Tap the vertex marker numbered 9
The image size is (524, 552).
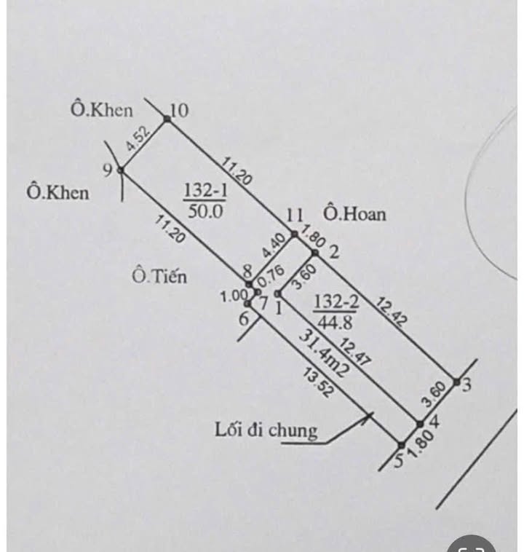pos(121,170)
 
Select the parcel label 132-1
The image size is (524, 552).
pos(205,190)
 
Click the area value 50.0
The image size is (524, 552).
pos(206,210)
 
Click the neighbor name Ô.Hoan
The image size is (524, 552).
pos(355,214)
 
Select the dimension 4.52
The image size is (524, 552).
pos(138,139)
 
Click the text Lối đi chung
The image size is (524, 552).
pos(266,430)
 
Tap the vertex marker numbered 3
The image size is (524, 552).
pos(456,382)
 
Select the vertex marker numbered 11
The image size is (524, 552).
pos(294,234)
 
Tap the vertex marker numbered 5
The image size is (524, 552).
pos(401,443)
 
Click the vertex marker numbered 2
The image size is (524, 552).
pos(315,253)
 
